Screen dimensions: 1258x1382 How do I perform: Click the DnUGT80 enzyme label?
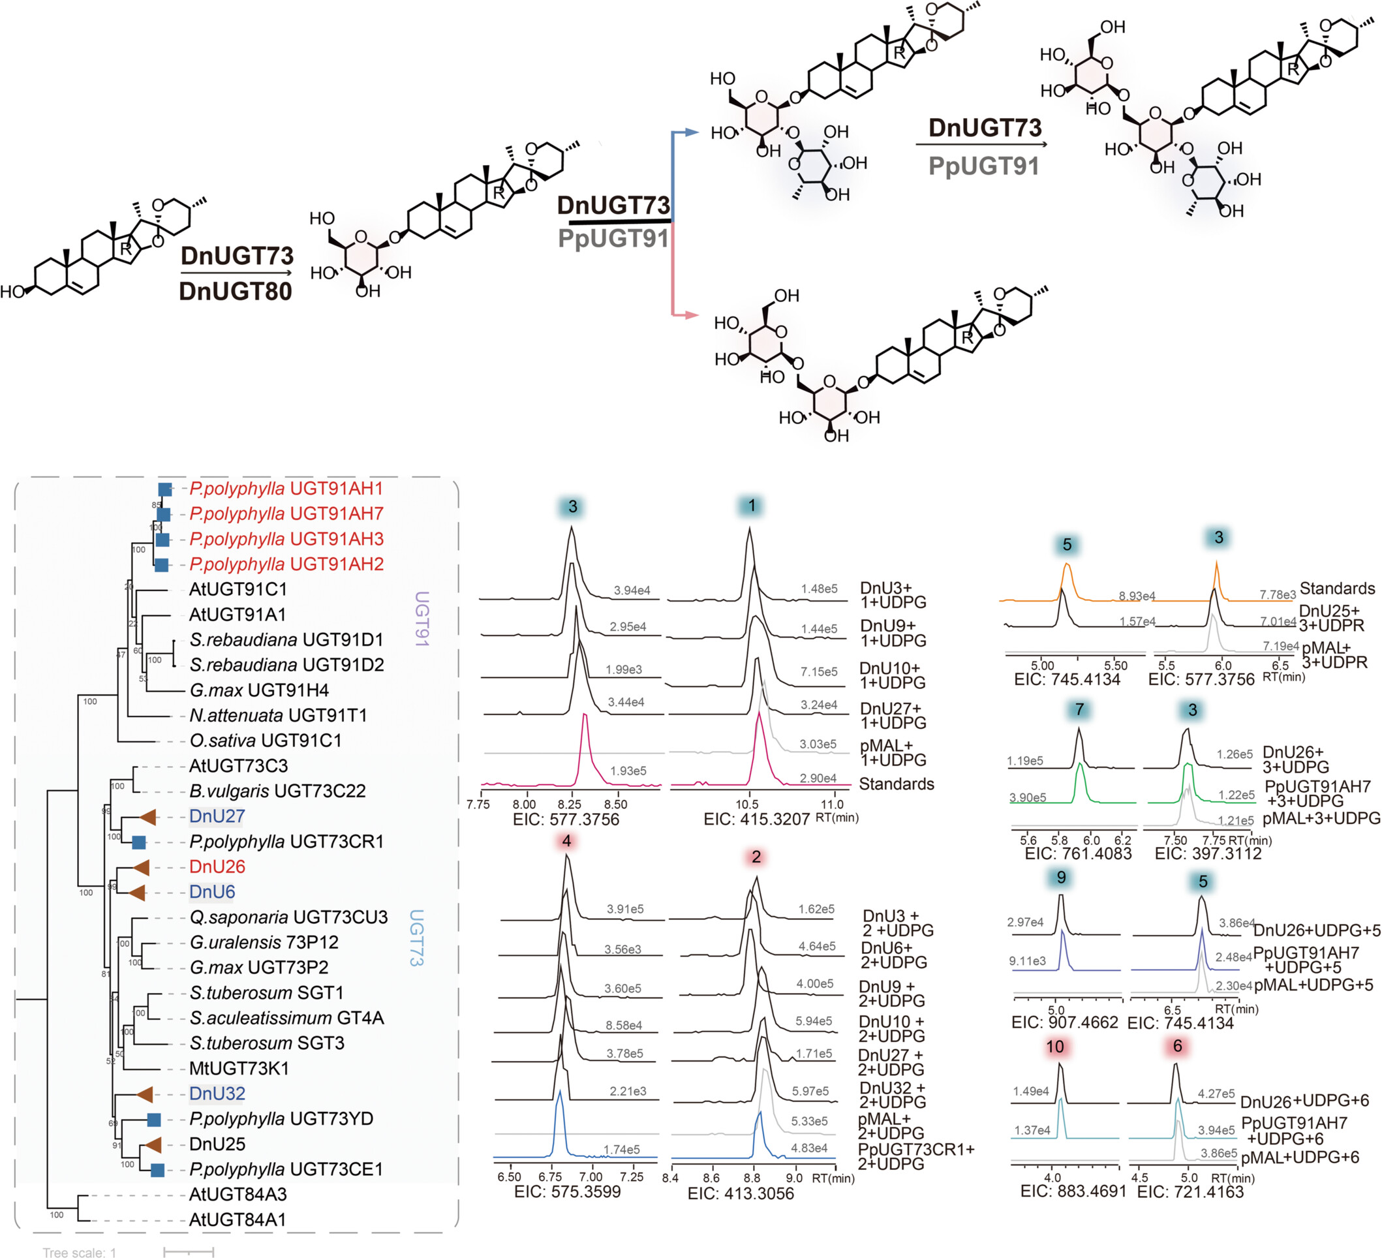coord(235,292)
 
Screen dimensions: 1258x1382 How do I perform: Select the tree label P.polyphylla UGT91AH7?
coord(286,514)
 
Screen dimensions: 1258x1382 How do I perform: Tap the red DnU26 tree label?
coord(217,867)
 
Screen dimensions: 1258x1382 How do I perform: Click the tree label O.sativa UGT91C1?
coord(266,741)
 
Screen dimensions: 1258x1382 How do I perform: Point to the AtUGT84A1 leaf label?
coord(238,1220)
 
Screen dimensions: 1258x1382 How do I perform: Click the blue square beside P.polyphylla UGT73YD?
coord(154,1120)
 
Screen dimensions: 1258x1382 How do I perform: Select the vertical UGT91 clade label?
coord(422,619)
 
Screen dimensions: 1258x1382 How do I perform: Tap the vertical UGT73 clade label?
coord(416,937)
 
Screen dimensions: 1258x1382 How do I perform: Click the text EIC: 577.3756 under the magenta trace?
coord(566,820)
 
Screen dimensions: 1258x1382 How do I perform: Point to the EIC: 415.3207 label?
coord(757,820)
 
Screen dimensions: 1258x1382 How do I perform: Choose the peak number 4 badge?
coord(566,841)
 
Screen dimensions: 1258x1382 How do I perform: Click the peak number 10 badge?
coord(1055,1047)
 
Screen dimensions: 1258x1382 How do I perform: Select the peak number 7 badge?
coord(1079,709)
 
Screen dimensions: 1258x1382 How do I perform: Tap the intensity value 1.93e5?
coord(628,771)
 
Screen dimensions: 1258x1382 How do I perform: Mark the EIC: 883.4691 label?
coord(1073,1191)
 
